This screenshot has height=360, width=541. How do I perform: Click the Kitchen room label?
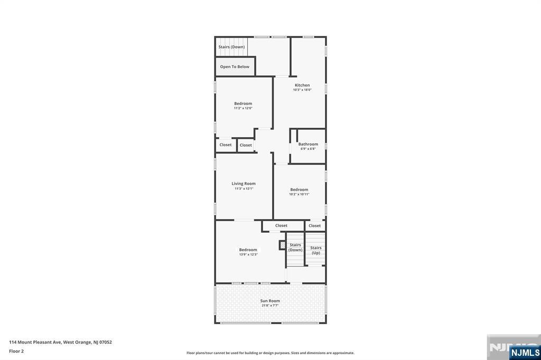click(302, 85)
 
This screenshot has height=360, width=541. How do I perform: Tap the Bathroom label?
click(308, 144)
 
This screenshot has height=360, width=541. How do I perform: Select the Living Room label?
click(244, 184)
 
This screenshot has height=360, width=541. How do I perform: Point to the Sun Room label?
click(270, 301)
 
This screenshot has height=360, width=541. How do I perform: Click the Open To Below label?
click(235, 67)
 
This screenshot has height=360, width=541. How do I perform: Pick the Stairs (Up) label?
click(316, 250)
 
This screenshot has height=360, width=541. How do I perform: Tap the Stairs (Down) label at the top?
click(231, 47)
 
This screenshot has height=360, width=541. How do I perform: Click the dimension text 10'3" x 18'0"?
click(302, 90)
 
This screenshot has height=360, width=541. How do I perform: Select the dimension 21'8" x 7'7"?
click(270, 306)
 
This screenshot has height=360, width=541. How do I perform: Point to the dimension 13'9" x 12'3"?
click(248, 254)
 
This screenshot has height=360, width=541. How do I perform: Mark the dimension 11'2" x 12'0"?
click(243, 108)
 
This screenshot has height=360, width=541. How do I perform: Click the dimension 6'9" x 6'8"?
click(308, 149)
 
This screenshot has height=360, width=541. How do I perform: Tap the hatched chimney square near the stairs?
click(282, 245)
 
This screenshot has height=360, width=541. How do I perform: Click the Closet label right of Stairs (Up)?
click(315, 226)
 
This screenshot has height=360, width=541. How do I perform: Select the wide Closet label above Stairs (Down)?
click(281, 226)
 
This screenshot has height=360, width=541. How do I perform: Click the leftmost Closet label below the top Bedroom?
click(226, 145)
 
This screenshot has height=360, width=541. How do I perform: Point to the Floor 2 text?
click(16, 351)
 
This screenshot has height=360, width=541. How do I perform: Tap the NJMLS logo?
click(524, 352)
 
